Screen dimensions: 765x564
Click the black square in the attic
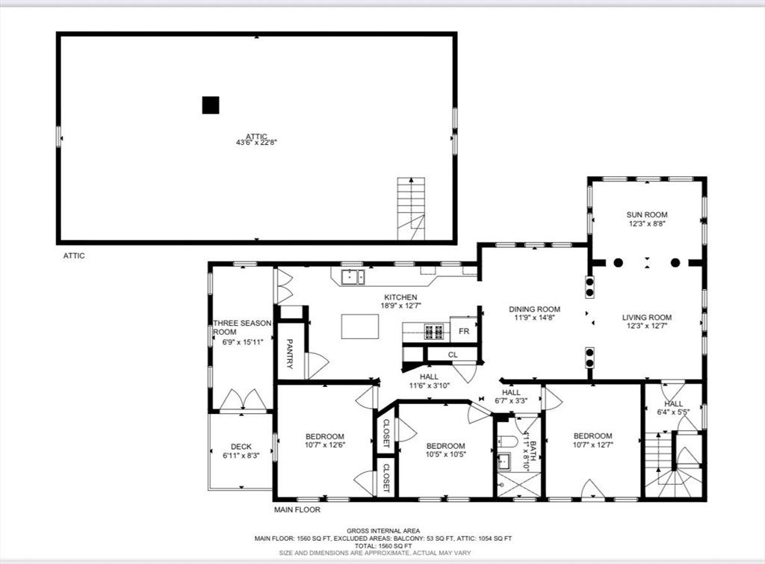[x=211, y=105]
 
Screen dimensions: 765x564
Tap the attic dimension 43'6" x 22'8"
[x=257, y=143]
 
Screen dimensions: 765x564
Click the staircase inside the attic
[x=411, y=209]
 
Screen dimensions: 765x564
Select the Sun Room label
[x=647, y=214]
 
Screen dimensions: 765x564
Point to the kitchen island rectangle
[x=360, y=326]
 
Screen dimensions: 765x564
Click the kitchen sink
[x=353, y=276]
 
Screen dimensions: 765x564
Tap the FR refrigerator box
[x=463, y=331]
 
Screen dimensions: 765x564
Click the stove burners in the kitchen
[x=435, y=332]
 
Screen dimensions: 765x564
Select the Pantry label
[x=289, y=354]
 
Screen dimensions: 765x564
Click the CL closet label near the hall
[x=453, y=355]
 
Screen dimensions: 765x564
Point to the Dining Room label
[x=534, y=309]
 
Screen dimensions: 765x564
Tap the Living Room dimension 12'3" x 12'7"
[x=647, y=326]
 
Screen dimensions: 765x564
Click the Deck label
[x=241, y=447]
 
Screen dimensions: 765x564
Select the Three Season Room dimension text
[x=243, y=342]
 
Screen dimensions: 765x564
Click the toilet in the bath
[x=507, y=442]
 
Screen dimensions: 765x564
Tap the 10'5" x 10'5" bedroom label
[x=445, y=454]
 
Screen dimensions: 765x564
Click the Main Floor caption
[x=297, y=510]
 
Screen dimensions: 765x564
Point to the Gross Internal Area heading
[x=383, y=531]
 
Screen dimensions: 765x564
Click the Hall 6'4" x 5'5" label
[x=673, y=408]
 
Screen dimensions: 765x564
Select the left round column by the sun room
[x=618, y=262]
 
